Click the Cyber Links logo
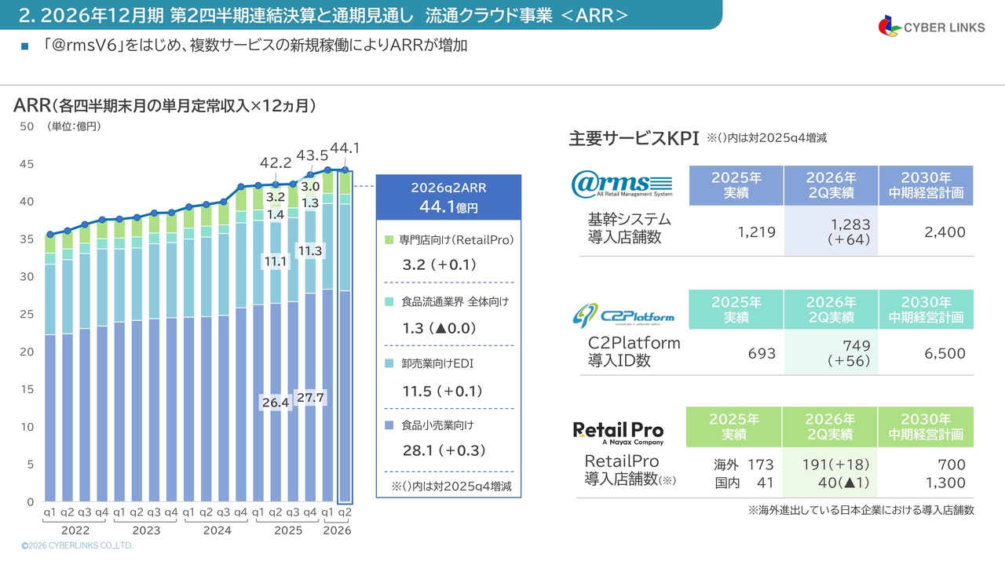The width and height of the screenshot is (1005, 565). [931, 27]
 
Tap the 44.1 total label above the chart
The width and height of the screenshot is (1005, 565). [345, 148]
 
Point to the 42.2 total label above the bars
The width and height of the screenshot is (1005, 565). [276, 162]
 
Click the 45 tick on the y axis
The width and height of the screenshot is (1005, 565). [27, 164]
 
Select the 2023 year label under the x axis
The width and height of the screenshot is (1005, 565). [146, 530]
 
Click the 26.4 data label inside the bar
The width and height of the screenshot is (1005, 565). [276, 403]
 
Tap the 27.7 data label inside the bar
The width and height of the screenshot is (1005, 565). [310, 398]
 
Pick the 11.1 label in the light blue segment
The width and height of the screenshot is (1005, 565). [276, 261]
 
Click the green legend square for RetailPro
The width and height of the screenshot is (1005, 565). [389, 240]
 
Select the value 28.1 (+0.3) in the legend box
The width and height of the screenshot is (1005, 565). [444, 450]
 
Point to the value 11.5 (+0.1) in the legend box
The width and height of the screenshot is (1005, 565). [442, 391]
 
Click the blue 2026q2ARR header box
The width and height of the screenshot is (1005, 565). [448, 197]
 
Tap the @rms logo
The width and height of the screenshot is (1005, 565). [622, 184]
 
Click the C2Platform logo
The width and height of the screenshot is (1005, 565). [623, 315]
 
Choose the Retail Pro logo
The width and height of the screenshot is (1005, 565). [618, 432]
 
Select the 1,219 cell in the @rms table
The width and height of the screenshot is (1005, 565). [756, 231]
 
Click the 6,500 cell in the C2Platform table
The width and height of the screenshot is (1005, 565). [945, 353]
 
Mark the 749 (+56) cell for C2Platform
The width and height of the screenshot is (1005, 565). [849, 353]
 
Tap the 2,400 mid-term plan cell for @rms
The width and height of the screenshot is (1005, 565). [945, 231]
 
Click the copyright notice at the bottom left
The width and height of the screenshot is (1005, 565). [77, 545]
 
